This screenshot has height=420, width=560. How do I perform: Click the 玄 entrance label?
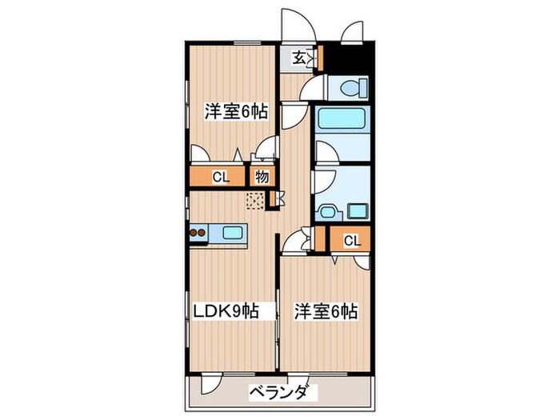pos(298,58)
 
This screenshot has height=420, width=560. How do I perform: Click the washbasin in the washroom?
pos(327,212)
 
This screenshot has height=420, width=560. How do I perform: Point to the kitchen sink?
pos(233,234)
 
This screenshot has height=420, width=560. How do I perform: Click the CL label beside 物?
pos(221,178)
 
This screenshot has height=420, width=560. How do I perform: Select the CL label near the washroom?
pos(352,240)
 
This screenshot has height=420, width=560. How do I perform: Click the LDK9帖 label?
pos(225,310)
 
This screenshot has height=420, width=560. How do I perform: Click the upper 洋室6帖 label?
pos(234,112)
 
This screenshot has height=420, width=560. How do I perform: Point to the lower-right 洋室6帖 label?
pos(324,310)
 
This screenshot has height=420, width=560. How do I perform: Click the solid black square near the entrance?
pos(346,56)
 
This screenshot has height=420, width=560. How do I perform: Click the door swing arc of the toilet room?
pos(318,86)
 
